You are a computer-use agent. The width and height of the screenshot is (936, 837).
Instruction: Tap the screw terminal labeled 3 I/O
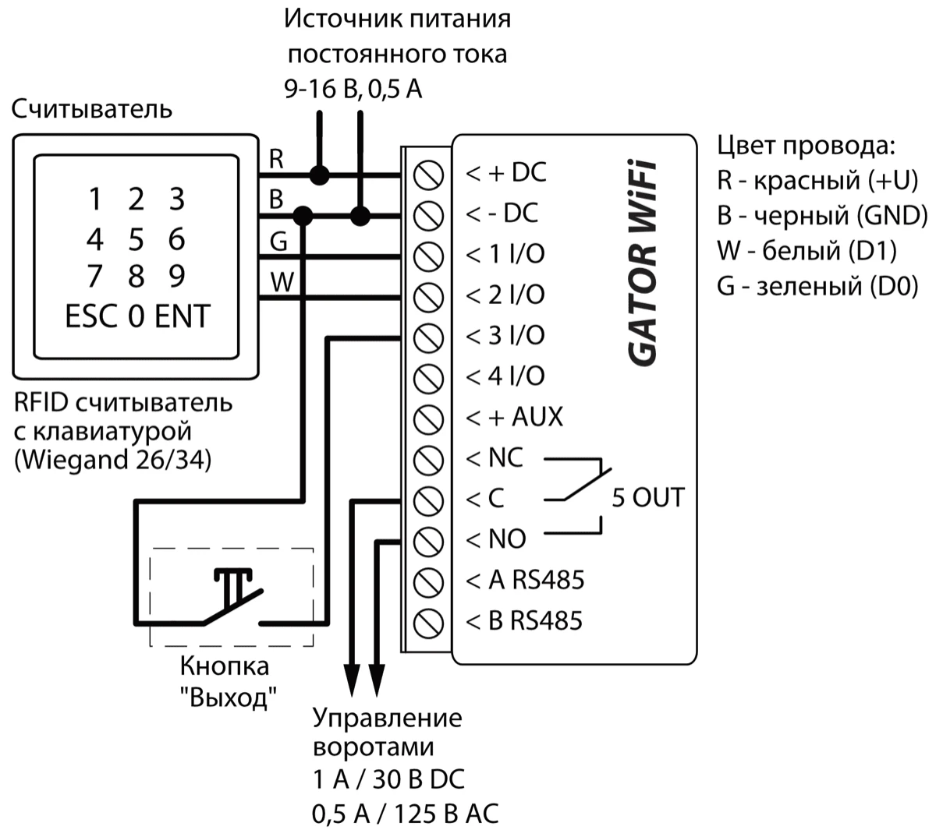pos(428,337)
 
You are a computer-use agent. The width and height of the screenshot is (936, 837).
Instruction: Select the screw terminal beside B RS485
pos(428,622)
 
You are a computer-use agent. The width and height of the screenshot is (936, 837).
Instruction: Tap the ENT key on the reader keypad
pos(183,316)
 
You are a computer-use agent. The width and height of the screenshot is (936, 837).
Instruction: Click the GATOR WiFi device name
pos(643,263)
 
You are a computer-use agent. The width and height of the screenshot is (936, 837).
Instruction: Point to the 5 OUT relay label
pos(647,497)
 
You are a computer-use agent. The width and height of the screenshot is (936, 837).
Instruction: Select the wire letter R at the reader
pos(276,159)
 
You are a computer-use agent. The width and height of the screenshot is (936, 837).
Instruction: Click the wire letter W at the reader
pos(281,281)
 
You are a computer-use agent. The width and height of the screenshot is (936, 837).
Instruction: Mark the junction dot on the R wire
pos(318,174)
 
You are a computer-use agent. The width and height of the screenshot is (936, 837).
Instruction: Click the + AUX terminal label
pos(515,417)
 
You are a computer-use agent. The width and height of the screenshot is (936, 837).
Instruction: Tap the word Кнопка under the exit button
pos(225,666)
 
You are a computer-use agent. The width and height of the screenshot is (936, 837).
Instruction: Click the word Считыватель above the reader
pos(92,108)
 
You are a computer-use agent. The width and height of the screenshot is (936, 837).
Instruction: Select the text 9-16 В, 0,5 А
pos(353,89)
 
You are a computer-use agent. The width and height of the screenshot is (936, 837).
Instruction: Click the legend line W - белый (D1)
pos(807,251)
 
